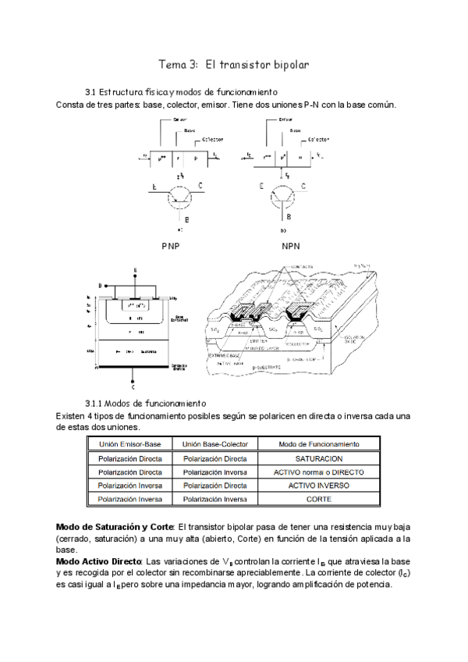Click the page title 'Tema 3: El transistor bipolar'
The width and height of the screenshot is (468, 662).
tap(235, 64)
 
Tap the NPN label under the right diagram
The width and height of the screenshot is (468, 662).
tap(290, 246)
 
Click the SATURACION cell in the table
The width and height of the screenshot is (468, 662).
tap(318, 459)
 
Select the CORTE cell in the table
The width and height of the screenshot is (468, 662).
tap(318, 498)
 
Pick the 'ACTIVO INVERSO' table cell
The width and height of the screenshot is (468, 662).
tap(318, 485)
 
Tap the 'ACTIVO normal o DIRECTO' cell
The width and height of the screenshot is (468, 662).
tap(318, 472)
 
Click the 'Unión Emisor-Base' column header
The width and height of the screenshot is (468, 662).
tap(129, 443)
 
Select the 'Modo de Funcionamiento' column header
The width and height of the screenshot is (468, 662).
tap(318, 443)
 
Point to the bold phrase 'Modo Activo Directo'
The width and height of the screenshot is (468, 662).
tap(98, 561)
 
